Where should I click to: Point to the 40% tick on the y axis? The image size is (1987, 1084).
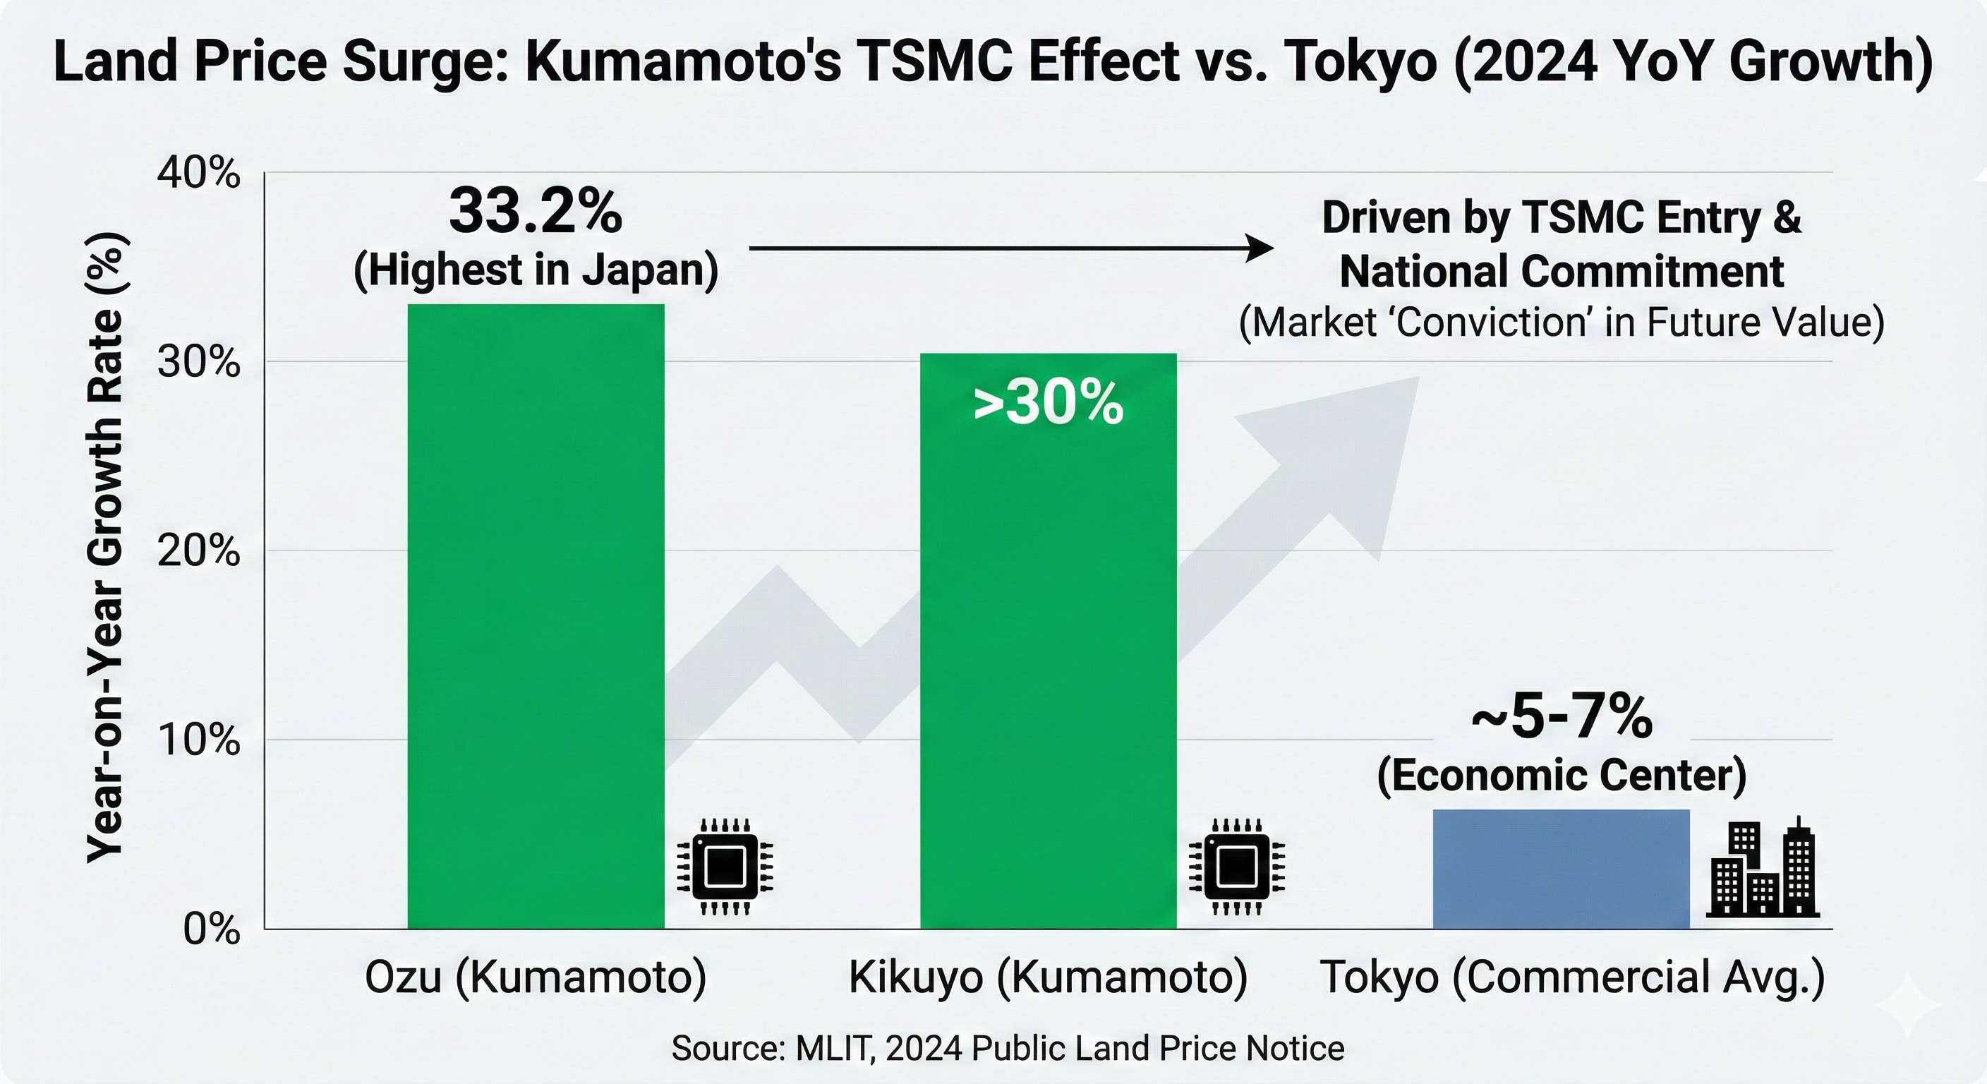pyautogui.click(x=198, y=174)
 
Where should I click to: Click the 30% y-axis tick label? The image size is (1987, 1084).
pyautogui.click(x=198, y=362)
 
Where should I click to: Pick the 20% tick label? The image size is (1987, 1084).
pyautogui.click(x=198, y=551)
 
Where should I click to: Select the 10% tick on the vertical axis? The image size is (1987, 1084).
pyautogui.click(x=198, y=740)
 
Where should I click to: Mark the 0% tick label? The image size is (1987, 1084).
pyautogui.click(x=210, y=929)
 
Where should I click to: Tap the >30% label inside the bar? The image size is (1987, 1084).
pyautogui.click(x=1048, y=404)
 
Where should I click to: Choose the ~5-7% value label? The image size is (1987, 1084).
pyautogui.click(x=1562, y=718)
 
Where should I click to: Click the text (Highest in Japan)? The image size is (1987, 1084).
pyautogui.click(x=536, y=270)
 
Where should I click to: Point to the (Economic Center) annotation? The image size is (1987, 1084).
pyautogui.click(x=1562, y=776)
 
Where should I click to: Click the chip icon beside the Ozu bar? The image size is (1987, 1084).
pyautogui.click(x=724, y=867)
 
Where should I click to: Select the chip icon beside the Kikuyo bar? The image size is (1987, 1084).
pyautogui.click(x=1236, y=867)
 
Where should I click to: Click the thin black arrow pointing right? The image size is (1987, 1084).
pyautogui.click(x=1010, y=248)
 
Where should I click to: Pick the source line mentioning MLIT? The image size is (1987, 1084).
pyautogui.click(x=1008, y=1048)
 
